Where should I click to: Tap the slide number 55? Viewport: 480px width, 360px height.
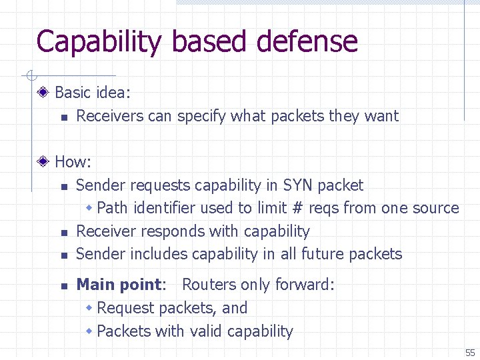[470, 352]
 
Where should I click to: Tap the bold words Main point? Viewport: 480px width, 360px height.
[119, 285]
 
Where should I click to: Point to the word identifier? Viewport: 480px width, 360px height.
[165, 208]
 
